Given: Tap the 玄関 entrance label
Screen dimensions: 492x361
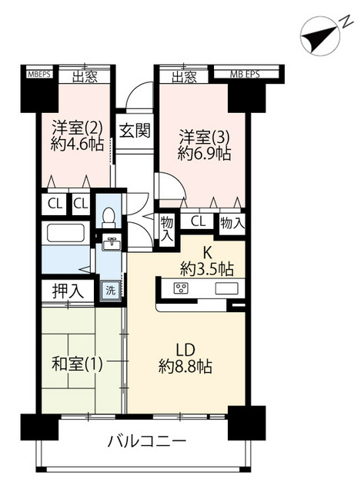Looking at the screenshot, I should pyautogui.click(x=134, y=130).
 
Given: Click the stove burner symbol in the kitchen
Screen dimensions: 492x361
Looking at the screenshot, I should pyautogui.click(x=182, y=289).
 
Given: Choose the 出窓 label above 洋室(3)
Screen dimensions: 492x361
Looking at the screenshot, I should pyautogui.click(x=183, y=76).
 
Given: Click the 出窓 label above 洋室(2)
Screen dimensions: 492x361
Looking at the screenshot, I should pyautogui.click(x=83, y=76).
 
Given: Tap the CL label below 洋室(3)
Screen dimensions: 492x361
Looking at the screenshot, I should pyautogui.click(x=198, y=222).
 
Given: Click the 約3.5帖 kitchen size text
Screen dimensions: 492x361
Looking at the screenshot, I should pyautogui.click(x=206, y=269).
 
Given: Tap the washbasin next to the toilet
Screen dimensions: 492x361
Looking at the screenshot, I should pyautogui.click(x=112, y=245).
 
